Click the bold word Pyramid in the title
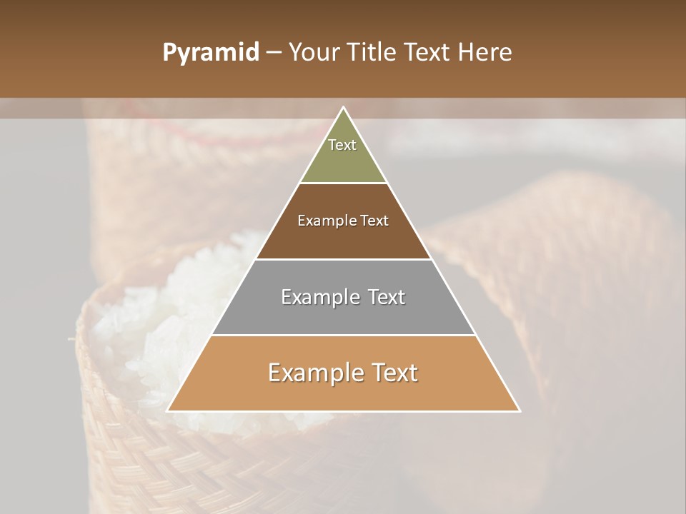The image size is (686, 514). [x=210, y=53]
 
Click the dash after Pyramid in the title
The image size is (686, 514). [x=274, y=53]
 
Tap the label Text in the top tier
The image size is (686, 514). [x=342, y=145]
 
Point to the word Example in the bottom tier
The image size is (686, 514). [x=311, y=373]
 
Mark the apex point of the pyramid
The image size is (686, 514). [x=344, y=108]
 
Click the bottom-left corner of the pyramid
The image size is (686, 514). [x=168, y=411]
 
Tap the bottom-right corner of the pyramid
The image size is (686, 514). [x=520, y=411]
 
